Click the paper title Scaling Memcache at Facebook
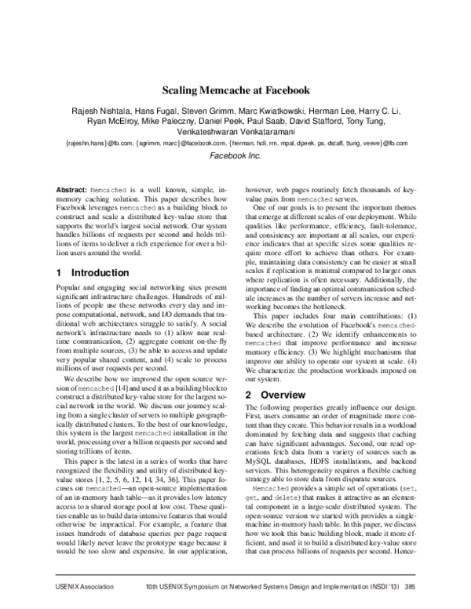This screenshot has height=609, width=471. (x=235, y=90)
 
